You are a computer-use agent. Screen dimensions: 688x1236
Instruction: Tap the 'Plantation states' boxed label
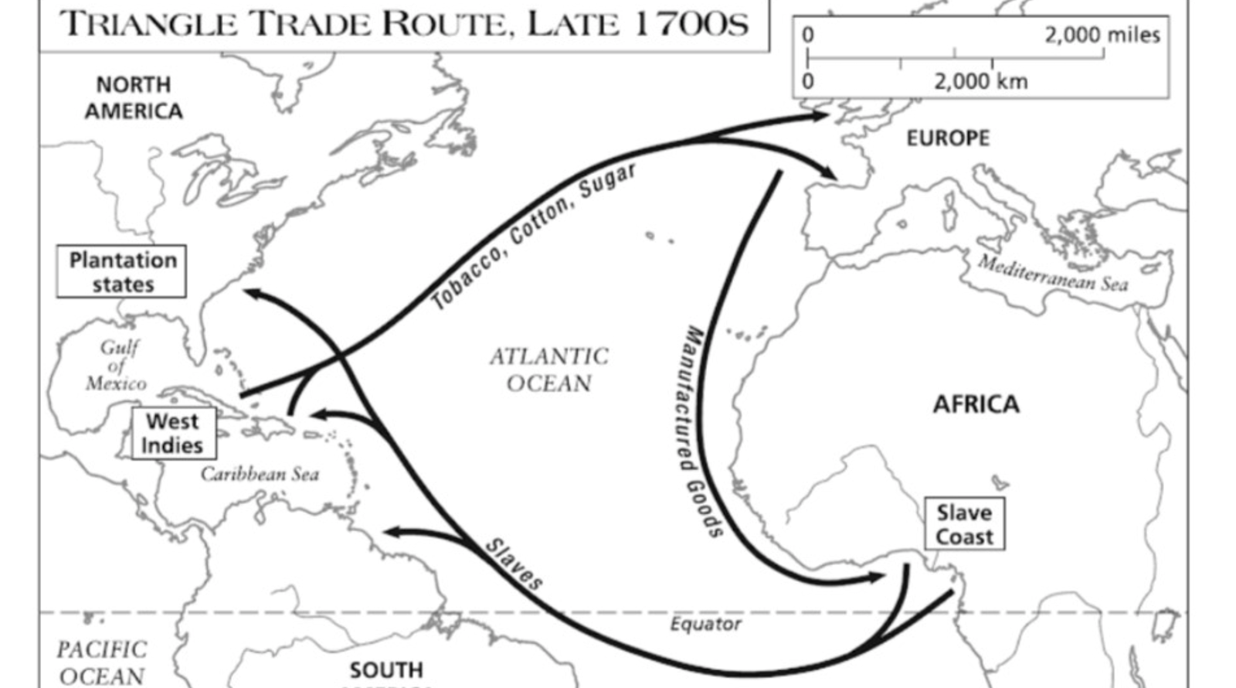pyautogui.click(x=122, y=272)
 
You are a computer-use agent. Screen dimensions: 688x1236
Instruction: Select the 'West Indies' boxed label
pyautogui.click(x=173, y=434)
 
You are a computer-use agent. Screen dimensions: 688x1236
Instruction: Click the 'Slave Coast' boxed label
pyautogui.click(x=964, y=525)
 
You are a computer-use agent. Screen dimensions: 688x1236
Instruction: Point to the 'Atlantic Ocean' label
pyautogui.click(x=549, y=370)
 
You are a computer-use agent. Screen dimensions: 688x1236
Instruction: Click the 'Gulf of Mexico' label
pyautogui.click(x=117, y=365)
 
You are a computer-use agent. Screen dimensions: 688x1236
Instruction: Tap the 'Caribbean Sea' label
pyautogui.click(x=260, y=474)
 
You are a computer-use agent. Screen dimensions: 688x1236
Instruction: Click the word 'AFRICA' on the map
pyautogui.click(x=976, y=404)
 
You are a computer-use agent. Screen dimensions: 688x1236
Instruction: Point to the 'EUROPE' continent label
pyautogui.click(x=947, y=138)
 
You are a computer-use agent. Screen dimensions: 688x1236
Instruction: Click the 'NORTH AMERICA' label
pyautogui.click(x=134, y=97)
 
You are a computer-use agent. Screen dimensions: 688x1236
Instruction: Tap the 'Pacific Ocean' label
pyautogui.click(x=101, y=662)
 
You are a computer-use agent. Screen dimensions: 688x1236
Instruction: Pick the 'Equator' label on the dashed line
pyautogui.click(x=705, y=624)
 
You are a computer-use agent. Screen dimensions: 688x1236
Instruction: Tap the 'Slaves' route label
pyautogui.click(x=514, y=564)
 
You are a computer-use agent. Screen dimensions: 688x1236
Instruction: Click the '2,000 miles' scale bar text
pyautogui.click(x=1102, y=36)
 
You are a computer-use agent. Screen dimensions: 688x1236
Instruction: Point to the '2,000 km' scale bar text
pyautogui.click(x=980, y=81)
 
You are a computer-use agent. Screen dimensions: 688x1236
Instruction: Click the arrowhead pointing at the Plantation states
pyautogui.click(x=251, y=292)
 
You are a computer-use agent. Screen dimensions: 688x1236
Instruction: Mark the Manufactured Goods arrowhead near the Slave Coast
pyautogui.click(x=876, y=577)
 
